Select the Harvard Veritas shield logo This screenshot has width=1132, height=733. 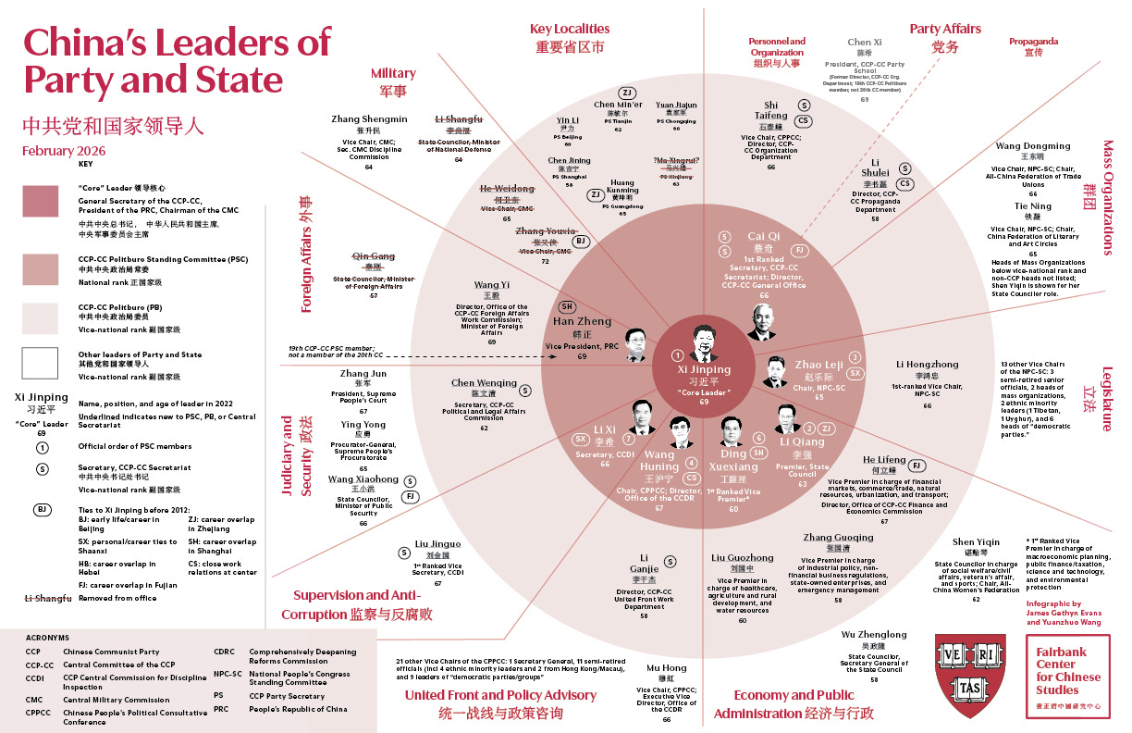pos(969,675)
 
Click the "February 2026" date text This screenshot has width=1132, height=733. pos(65,151)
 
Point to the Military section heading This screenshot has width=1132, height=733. pos(393,73)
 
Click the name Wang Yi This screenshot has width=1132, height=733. pos(492,285)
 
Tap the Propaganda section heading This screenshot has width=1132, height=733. pos(1033,42)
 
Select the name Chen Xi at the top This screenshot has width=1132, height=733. pos(865,43)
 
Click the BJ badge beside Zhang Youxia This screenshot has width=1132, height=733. pos(581,241)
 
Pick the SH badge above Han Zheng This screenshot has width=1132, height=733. pos(569,307)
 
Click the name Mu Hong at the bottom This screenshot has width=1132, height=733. pos(666,668)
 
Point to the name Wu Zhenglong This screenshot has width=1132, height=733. pos(874,635)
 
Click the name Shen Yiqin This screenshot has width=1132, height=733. pos(976,542)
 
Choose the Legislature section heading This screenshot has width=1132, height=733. pos(1108,398)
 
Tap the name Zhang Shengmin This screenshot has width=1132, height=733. pos(369,119)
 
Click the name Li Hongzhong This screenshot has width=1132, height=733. pos(927,365)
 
